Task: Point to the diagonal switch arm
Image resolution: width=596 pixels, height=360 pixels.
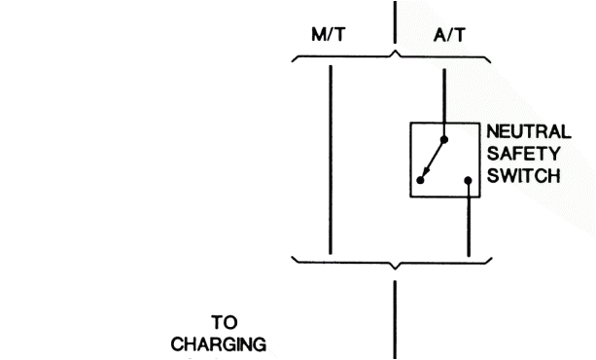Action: (x=435, y=159)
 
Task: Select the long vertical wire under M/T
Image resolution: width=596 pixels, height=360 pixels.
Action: (x=332, y=156)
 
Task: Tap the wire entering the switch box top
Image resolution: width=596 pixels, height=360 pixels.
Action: (x=446, y=97)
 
